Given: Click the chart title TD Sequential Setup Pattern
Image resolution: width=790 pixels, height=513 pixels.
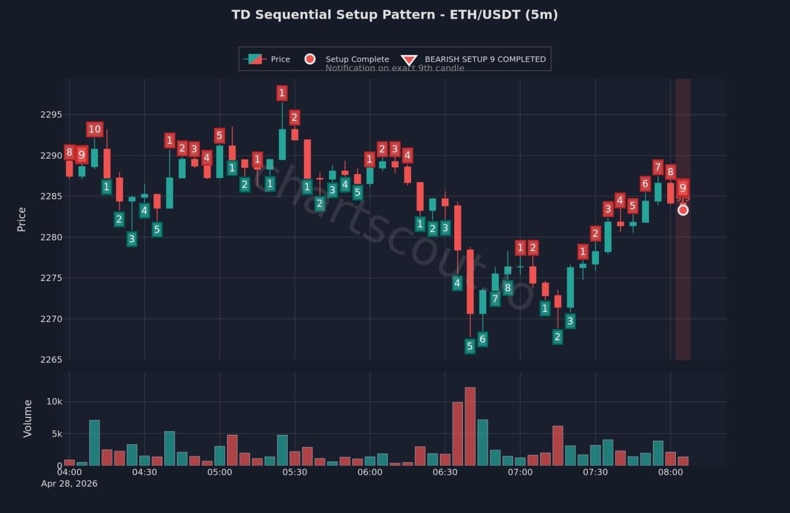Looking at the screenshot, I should [x=394, y=15].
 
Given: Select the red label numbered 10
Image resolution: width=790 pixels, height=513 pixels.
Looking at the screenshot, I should [x=94, y=129].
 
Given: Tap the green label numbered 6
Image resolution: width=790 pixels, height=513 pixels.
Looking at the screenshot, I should [x=482, y=339].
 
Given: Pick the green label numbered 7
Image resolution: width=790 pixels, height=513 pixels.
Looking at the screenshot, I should [x=495, y=299].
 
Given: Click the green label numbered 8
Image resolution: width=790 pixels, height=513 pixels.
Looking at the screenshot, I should [x=508, y=288].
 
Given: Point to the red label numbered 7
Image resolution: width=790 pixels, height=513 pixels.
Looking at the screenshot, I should [x=658, y=167].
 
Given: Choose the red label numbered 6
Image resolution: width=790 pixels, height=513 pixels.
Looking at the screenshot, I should [x=645, y=184].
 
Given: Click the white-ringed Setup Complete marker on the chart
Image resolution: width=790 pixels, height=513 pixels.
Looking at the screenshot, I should [x=683, y=210].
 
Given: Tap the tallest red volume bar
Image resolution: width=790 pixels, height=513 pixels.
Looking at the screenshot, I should [x=470, y=426].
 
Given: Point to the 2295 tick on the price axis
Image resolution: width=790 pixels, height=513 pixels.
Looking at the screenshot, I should [x=51, y=115].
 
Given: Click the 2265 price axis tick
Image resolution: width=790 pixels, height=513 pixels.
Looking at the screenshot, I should [x=51, y=360].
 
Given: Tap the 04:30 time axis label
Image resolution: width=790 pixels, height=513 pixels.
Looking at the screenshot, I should [x=144, y=472].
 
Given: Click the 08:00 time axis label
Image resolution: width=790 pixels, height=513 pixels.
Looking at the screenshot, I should [x=671, y=472].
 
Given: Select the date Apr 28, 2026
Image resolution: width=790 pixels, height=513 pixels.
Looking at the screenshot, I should [x=69, y=484].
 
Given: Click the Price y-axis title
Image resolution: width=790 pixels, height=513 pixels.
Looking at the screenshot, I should [x=22, y=219].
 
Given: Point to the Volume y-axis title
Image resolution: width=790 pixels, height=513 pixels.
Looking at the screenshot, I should [x=28, y=418].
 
